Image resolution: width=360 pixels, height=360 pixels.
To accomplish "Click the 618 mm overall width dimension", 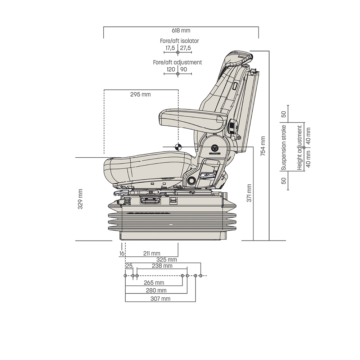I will (x=181, y=31).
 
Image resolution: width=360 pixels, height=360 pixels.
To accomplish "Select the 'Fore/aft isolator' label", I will (x=179, y=41).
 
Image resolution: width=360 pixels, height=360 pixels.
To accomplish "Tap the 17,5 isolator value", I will (x=170, y=48).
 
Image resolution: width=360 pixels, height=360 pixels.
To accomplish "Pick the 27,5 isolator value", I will (x=185, y=48).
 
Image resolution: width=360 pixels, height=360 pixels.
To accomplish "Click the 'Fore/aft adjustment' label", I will (x=177, y=62).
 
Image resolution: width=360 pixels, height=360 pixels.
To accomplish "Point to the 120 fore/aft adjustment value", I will (x=171, y=69).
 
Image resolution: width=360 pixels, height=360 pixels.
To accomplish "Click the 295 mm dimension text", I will (x=140, y=95).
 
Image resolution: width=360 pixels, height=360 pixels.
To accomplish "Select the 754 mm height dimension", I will (x=263, y=145).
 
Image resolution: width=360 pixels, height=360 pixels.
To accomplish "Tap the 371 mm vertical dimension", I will (x=249, y=193).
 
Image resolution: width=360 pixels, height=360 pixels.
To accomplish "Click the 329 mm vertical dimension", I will (x=80, y=199).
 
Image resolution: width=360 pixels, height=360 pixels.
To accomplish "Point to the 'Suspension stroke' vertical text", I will (x=284, y=148).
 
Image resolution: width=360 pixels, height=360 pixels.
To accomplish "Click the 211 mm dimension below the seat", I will (x=152, y=253).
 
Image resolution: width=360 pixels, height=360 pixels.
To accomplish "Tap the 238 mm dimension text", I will (x=162, y=266).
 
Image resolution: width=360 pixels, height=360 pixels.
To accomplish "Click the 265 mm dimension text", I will (x=154, y=283).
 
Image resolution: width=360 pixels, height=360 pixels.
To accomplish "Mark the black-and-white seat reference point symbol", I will (x=177, y=147).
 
